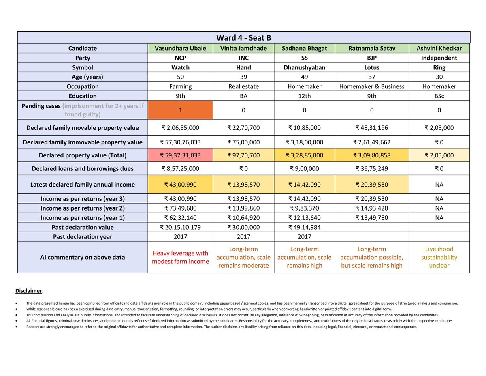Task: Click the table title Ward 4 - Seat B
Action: click(243, 38)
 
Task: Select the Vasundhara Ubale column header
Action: click(180, 48)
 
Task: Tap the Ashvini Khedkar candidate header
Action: click(439, 48)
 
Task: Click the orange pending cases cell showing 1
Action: click(180, 110)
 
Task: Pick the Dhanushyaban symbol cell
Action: click(304, 67)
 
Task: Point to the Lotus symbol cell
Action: click(371, 67)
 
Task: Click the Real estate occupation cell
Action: click(243, 86)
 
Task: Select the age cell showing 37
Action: click(371, 77)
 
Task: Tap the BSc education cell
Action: click(439, 96)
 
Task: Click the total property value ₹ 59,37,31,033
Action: click(180, 155)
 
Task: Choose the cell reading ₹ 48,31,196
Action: click(371, 128)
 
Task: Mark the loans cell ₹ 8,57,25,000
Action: click(180, 169)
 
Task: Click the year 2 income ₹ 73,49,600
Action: click(180, 208)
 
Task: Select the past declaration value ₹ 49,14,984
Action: click(304, 227)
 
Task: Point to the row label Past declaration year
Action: click(83, 236)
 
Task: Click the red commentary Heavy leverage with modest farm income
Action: click(180, 257)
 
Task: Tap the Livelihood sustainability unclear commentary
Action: click(439, 257)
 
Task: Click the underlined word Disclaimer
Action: click(29, 291)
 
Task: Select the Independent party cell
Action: click(439, 58)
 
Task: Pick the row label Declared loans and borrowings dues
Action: click(83, 169)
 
